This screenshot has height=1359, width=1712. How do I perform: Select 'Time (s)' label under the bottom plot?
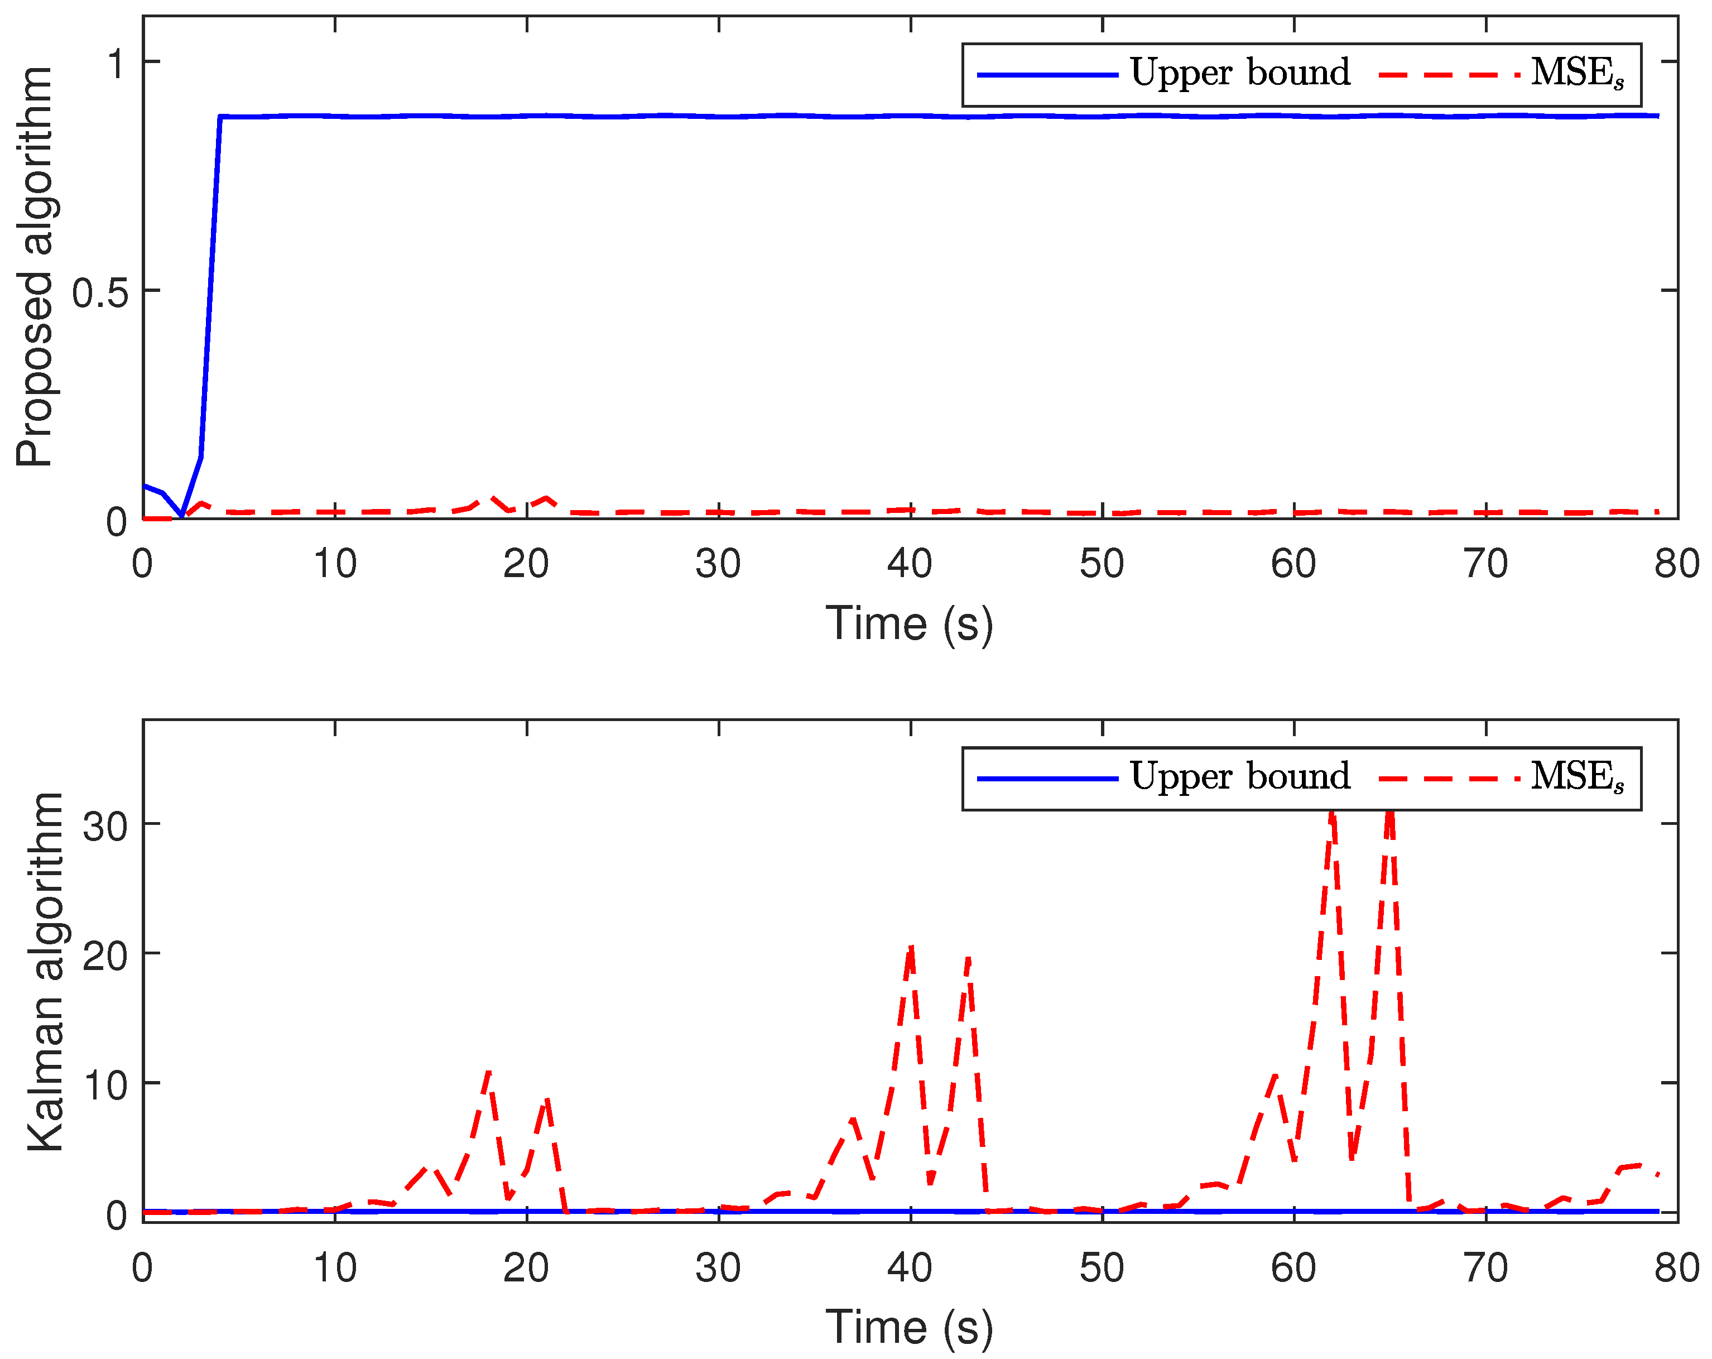tap(909, 1327)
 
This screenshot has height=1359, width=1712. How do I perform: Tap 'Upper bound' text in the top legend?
tap(1239, 73)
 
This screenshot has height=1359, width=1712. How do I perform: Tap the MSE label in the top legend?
tap(1577, 74)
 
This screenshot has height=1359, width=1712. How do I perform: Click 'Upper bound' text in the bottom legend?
tap(1239, 777)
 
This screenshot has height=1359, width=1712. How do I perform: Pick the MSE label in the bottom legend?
tap(1577, 777)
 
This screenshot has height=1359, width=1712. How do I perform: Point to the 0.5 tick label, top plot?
tap(100, 293)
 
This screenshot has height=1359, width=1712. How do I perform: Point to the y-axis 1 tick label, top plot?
tap(116, 64)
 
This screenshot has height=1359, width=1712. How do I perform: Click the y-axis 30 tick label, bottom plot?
tap(105, 827)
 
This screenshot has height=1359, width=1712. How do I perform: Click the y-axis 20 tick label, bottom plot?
tap(105, 956)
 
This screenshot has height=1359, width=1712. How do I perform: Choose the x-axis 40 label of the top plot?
tap(909, 564)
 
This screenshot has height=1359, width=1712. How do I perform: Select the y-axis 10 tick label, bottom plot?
tap(105, 1086)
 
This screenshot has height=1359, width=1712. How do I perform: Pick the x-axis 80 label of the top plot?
tap(1676, 564)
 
